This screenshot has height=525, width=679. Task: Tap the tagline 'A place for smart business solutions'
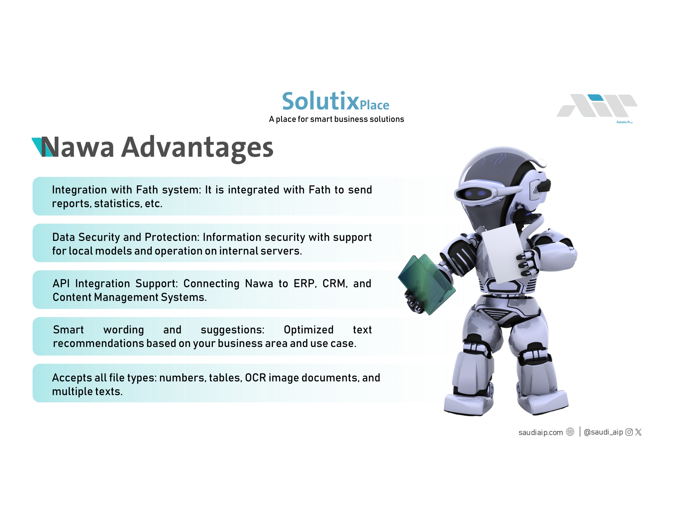point(336,119)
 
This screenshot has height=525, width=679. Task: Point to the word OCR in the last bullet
point(256,378)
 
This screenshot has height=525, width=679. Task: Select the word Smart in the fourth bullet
point(68,330)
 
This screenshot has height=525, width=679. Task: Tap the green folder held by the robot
point(427,284)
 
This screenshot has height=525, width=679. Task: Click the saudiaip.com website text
point(541,433)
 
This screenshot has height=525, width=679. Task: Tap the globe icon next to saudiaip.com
point(570,432)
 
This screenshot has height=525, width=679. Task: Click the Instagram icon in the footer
point(629,432)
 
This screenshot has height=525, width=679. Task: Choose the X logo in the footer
point(638,432)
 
